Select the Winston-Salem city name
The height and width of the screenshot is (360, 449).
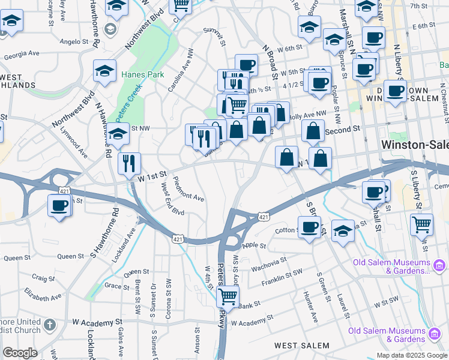414,145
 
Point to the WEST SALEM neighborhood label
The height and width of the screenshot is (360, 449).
302,346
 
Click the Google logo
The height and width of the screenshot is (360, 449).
20,353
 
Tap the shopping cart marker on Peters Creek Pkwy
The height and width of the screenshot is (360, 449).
228,296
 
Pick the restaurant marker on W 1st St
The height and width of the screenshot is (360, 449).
130,163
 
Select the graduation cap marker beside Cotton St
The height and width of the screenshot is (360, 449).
343,231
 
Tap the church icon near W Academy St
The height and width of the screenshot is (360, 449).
50,325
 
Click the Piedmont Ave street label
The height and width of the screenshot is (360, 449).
188,189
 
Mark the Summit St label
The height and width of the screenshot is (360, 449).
214,37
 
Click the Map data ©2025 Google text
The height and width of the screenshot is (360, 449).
411,355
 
